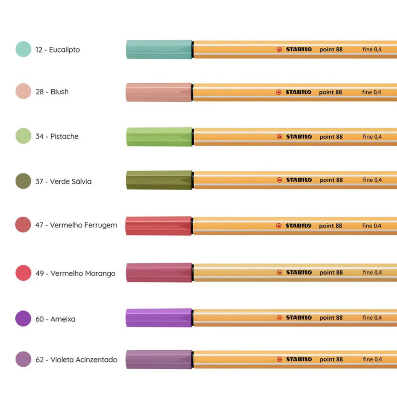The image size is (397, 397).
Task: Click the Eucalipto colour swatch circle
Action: (23, 49)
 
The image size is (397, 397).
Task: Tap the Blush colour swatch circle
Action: (23, 91)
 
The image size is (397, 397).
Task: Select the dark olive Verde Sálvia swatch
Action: (23, 181)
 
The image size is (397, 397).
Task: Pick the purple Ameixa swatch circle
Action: (23, 318)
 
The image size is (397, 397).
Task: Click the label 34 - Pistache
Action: (57, 136)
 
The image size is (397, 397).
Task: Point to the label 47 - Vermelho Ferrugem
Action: (76, 225)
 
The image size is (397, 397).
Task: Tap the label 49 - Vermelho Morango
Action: (75, 273)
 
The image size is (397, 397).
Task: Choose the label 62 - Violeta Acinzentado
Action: (76, 360)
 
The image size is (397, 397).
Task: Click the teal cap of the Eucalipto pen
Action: (159, 49)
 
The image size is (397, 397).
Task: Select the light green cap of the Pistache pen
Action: (159, 137)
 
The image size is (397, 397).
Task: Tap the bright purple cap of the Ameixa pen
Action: (159, 318)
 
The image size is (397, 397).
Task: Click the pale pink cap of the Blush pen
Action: (159, 93)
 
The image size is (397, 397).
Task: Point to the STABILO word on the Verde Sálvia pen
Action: (299, 180)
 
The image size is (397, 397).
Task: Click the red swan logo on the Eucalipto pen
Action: (279, 49)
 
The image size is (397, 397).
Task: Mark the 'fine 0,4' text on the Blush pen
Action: (372, 92)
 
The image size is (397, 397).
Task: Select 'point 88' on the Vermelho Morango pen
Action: (331, 273)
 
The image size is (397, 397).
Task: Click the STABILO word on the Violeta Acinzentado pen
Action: (299, 359)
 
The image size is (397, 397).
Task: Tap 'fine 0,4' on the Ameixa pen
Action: (372, 318)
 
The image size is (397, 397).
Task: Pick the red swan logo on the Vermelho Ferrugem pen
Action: (279, 225)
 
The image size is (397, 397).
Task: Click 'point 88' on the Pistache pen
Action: (331, 137)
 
